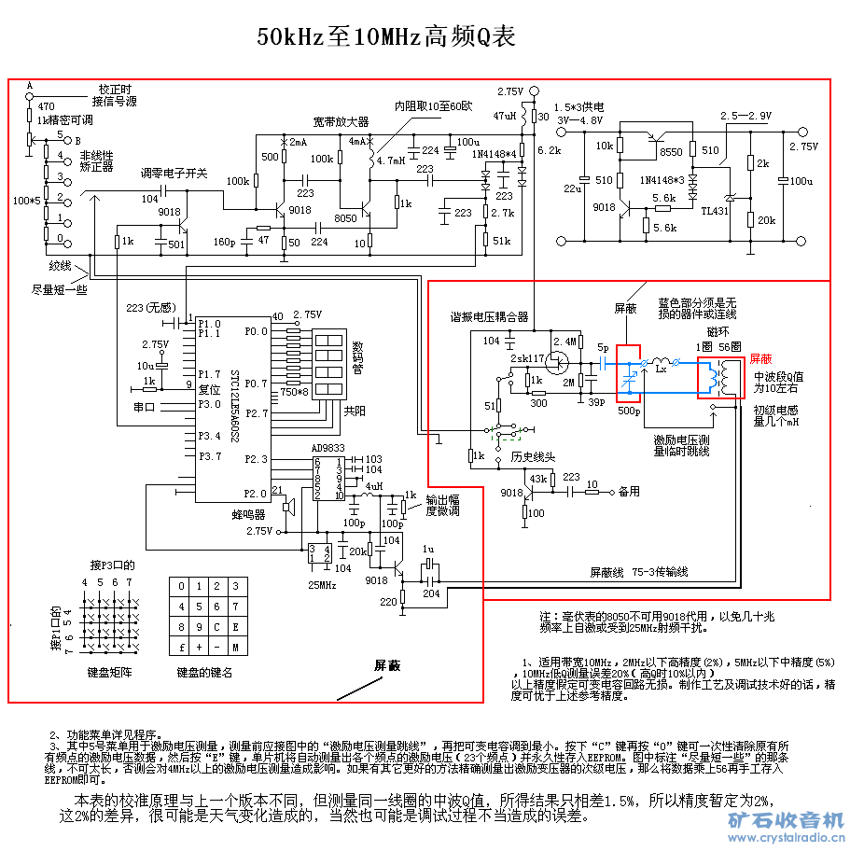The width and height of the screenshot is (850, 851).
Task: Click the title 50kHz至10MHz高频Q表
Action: pyautogui.click(x=385, y=37)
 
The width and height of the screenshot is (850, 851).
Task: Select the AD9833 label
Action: pyautogui.click(x=328, y=448)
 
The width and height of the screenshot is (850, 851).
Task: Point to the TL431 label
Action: pyautogui.click(x=717, y=211)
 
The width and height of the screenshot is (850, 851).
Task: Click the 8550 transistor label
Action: pyautogui.click(x=670, y=150)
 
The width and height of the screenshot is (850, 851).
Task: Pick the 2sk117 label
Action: pyautogui.click(x=528, y=358)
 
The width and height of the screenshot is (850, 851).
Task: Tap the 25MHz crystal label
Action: pyautogui.click(x=322, y=584)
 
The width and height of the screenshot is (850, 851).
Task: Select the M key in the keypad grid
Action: pyautogui.click(x=235, y=647)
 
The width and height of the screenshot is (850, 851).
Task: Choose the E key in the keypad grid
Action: pyautogui.click(x=235, y=626)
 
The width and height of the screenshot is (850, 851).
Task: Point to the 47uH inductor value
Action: pyautogui.click(x=504, y=116)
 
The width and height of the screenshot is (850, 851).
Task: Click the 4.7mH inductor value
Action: pyautogui.click(x=390, y=160)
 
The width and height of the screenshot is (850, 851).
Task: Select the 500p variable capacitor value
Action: pyautogui.click(x=629, y=410)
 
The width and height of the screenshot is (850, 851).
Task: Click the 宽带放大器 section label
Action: pyautogui.click(x=341, y=122)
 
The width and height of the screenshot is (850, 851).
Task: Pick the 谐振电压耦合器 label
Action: pyautogui.click(x=490, y=316)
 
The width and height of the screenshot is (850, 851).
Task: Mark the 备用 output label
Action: pyautogui.click(x=629, y=490)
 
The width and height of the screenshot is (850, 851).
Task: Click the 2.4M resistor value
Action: pyautogui.click(x=565, y=341)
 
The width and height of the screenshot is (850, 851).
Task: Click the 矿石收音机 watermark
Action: pyautogui.click(x=785, y=819)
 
